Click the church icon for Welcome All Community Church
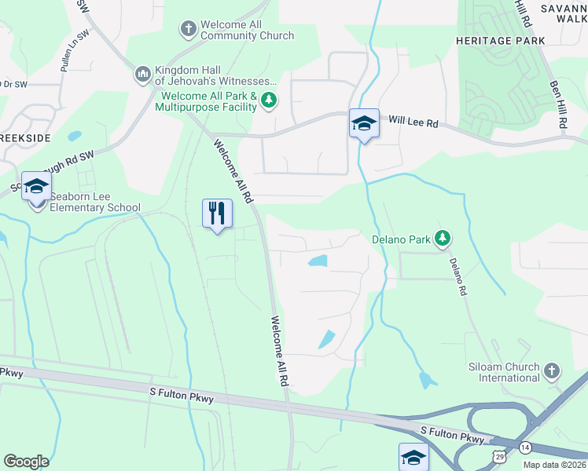point(188,30)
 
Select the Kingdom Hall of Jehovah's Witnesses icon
point(142,75)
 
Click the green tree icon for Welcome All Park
point(269,100)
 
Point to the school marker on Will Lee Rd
point(364,123)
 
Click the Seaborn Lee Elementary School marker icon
point(36,187)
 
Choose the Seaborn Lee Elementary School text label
point(94,202)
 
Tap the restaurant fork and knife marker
point(218,213)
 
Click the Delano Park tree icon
point(443,237)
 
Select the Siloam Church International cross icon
point(552,370)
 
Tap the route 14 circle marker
point(525,447)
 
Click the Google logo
point(26,461)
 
